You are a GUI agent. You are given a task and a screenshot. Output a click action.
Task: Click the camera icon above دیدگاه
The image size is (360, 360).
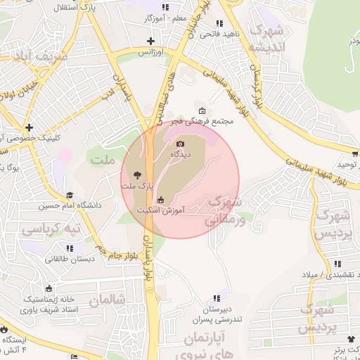180,144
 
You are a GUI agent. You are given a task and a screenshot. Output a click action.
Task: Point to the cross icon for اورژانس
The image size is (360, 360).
151,41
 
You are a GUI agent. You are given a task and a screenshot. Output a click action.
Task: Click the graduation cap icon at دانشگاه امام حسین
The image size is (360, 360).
70,195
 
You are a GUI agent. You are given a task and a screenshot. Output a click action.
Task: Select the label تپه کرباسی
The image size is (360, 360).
50,229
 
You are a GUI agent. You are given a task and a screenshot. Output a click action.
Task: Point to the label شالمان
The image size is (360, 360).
111,299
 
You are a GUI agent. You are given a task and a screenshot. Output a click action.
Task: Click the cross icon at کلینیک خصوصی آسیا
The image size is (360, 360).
29,127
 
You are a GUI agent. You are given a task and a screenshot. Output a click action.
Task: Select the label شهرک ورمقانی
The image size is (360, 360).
226,210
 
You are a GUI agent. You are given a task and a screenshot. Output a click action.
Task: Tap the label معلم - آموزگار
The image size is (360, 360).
164,18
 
